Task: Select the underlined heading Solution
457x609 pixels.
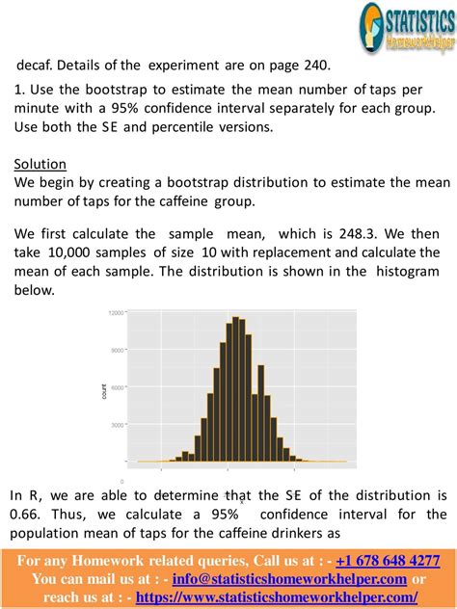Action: pos(40,164)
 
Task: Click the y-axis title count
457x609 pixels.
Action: pos(104,390)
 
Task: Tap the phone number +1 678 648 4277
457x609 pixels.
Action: pos(388,561)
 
